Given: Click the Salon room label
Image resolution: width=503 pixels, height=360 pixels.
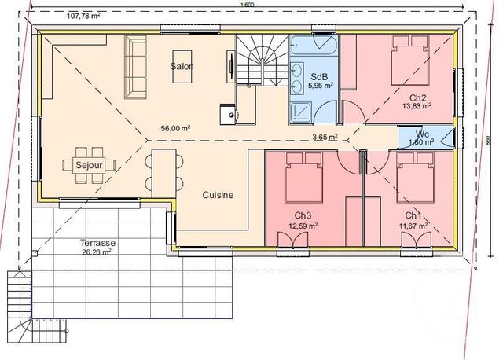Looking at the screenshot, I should (x=182, y=67).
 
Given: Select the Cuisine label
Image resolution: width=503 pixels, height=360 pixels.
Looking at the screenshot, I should (x=217, y=195).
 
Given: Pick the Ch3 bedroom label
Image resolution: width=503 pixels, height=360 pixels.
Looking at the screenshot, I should (x=303, y=215).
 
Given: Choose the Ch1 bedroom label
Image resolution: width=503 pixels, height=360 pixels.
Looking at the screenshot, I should (x=413, y=215).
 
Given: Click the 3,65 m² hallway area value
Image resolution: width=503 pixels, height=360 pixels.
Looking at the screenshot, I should (x=325, y=137).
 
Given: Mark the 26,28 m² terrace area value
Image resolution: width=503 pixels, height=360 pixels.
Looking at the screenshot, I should (x=96, y=252).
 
